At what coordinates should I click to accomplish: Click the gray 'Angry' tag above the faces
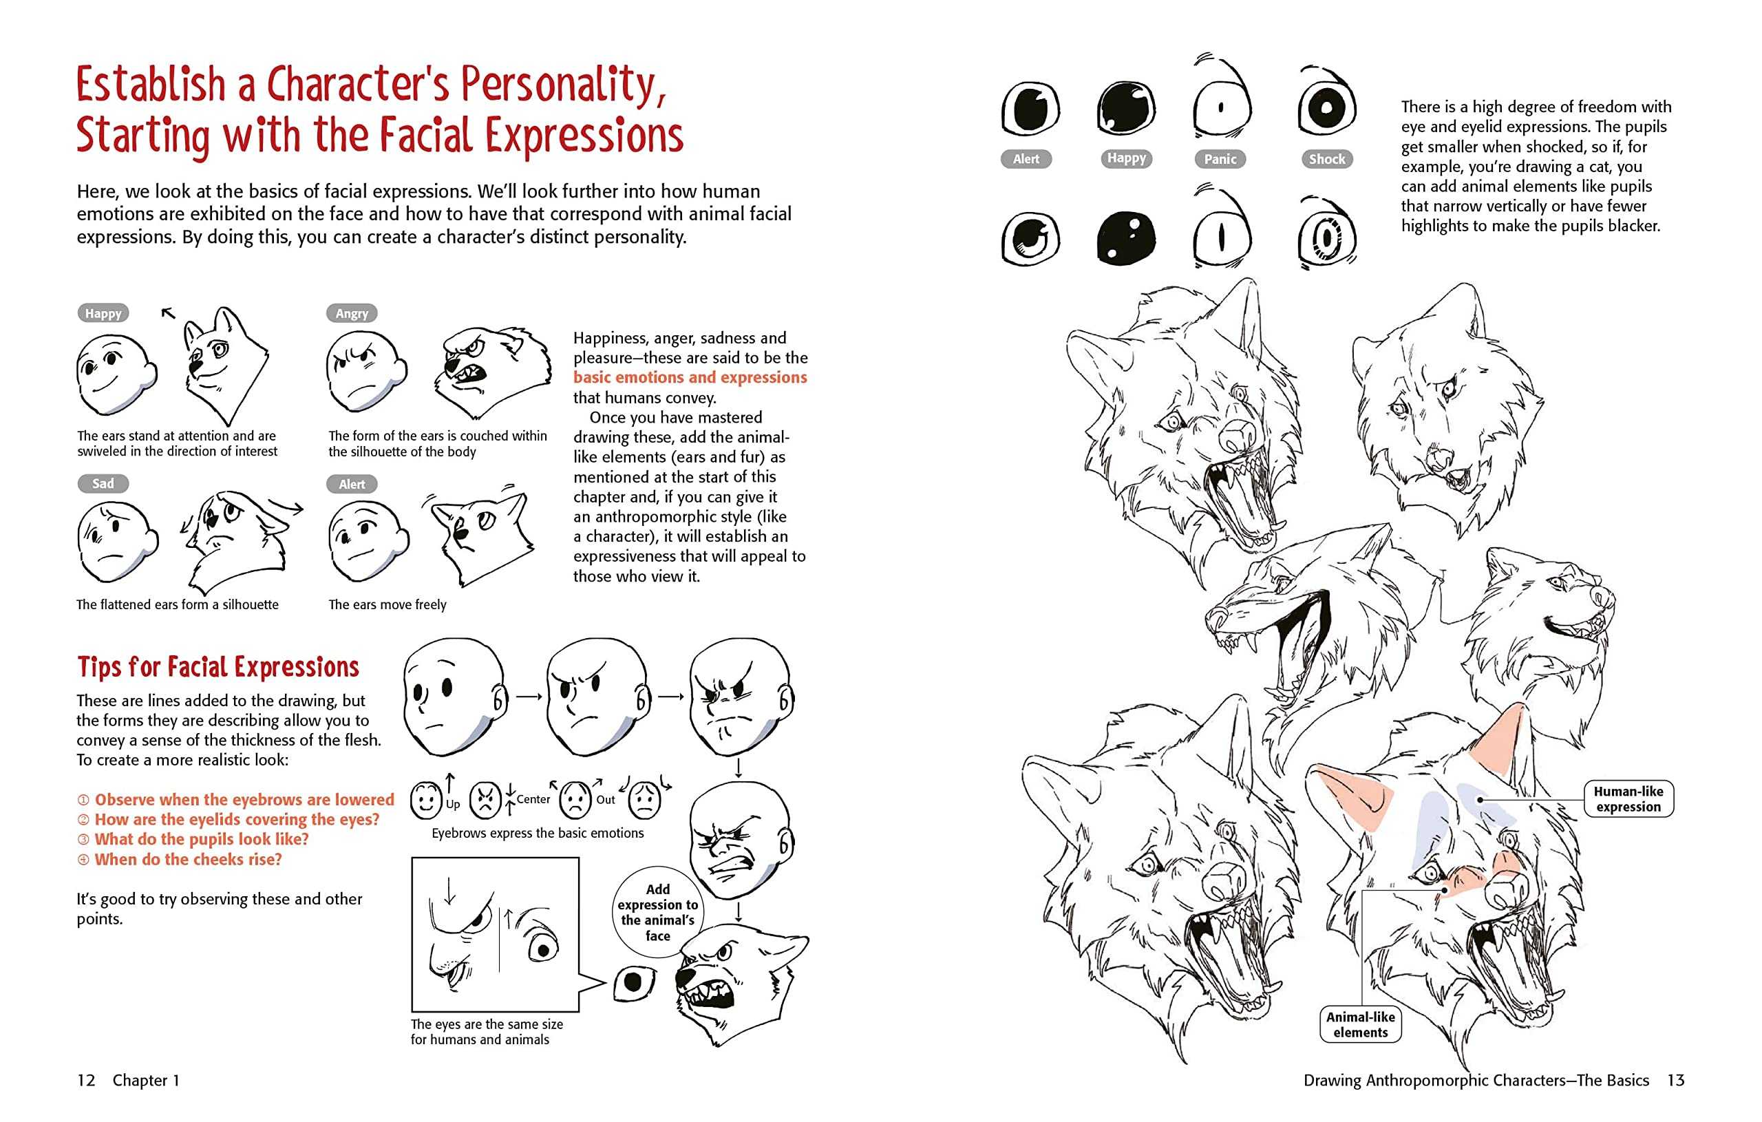pos(351,313)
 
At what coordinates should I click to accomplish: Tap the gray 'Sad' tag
pos(103,483)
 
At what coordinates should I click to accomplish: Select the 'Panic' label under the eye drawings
pos(1220,159)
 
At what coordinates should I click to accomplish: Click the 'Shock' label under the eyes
pos(1326,159)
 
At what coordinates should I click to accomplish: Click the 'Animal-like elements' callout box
pos(1359,1024)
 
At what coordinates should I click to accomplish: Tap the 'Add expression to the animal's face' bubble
pos(657,912)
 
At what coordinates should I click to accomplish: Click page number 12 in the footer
pos(86,1080)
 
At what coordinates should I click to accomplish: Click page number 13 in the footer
pos(1676,1080)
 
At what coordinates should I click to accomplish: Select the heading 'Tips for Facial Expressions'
pos(218,667)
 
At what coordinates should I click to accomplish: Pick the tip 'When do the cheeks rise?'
pos(187,859)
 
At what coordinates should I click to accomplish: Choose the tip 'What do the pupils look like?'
pos(201,840)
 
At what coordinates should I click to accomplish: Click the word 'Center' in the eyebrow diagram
pos(533,799)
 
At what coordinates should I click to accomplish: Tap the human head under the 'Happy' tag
pos(115,373)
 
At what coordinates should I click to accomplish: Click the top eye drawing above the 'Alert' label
pos(1030,109)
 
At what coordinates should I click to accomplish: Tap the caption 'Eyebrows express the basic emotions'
pos(537,833)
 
